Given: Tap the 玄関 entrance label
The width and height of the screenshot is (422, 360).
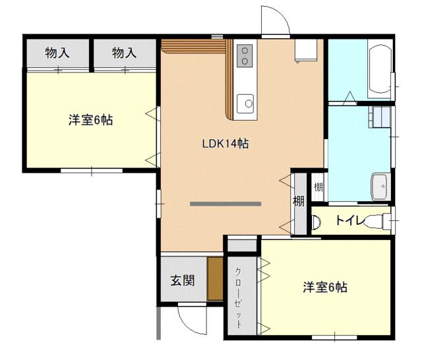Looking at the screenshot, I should [183, 280].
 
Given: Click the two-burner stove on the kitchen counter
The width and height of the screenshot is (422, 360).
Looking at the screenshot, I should [245, 55].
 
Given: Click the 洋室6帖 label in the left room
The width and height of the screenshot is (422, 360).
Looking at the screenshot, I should [90, 120].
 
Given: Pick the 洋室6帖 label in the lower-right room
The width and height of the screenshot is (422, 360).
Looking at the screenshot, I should [325, 287].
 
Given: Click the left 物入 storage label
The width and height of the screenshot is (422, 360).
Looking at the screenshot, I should [57, 53].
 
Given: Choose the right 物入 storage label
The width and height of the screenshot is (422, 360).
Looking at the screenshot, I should [124, 53].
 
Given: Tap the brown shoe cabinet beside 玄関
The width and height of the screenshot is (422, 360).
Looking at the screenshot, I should [216, 280].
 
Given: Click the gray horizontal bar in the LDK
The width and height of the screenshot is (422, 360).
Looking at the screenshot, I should [226, 204].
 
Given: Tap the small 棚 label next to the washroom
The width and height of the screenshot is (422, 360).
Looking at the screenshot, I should [318, 187].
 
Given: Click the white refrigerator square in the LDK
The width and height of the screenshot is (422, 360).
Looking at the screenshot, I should [306, 51].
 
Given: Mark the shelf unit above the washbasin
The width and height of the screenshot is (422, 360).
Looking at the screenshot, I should [380, 117].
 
